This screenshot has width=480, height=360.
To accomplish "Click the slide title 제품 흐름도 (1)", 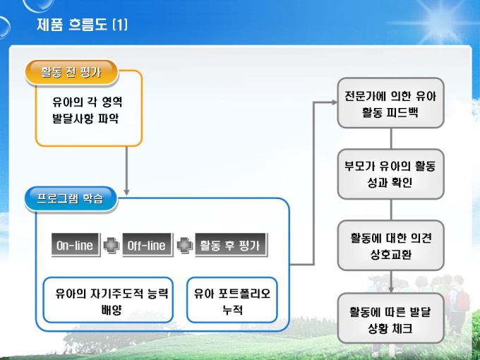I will click(x=83, y=25).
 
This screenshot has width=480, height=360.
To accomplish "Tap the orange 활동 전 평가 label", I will click(x=71, y=71).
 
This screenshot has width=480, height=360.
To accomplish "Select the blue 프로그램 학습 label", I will click(x=71, y=198).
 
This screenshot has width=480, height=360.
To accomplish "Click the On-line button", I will click(x=75, y=246).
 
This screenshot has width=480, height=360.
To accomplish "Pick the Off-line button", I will click(x=146, y=246).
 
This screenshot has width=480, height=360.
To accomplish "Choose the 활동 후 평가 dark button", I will click(x=230, y=246).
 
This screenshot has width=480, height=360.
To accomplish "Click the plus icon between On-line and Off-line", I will click(x=111, y=246).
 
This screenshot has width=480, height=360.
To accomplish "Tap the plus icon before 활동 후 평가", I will click(x=184, y=246).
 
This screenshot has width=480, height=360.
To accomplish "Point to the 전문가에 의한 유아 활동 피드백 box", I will click(x=390, y=103).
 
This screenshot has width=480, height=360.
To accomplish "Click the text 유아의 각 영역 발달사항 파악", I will click(x=83, y=109).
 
